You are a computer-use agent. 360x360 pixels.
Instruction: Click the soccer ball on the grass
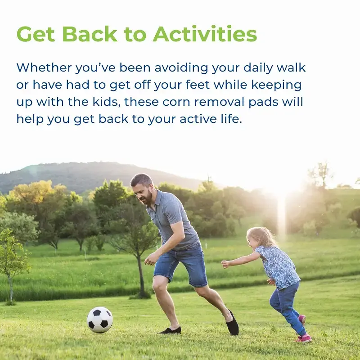(100, 320)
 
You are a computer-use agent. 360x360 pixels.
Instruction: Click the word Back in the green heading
(90, 34)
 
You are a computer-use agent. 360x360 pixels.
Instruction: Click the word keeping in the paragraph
(276, 85)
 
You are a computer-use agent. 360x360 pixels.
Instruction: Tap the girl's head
(260, 238)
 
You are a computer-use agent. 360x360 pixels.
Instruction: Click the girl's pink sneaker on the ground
(303, 338)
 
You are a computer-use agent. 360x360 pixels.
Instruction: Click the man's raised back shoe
(233, 323)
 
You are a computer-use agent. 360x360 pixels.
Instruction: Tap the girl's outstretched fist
(225, 264)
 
